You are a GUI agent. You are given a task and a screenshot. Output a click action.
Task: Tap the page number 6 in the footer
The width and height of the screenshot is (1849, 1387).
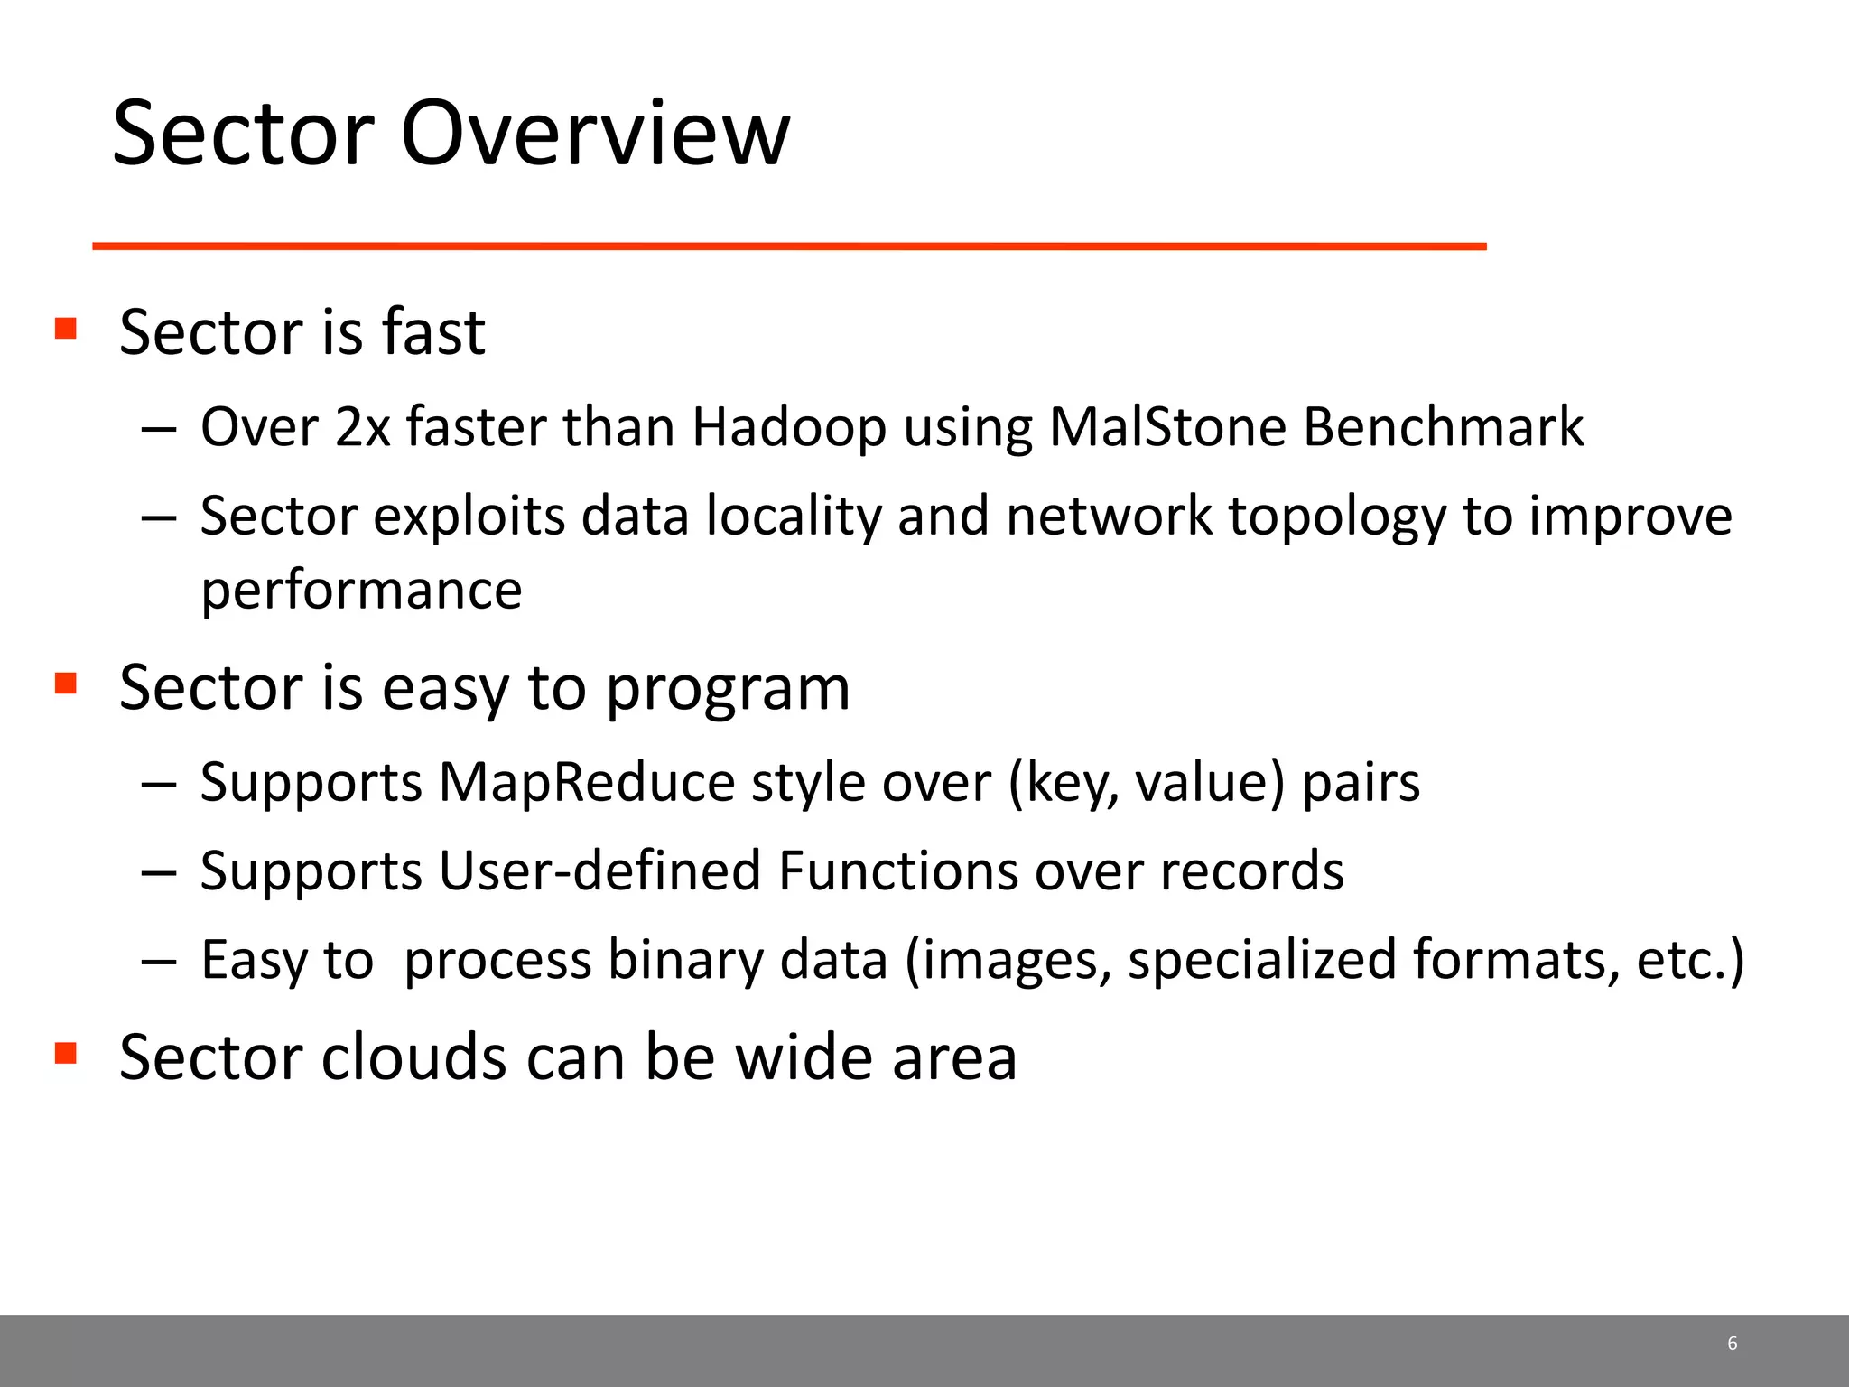1732,1343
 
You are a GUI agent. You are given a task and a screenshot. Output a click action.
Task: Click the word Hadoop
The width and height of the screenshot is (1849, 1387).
789,427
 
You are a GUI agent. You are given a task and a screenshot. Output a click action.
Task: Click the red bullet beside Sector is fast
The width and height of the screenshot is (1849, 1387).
65,327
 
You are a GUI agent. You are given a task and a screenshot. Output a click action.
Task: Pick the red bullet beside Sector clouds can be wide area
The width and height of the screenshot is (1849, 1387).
65,1052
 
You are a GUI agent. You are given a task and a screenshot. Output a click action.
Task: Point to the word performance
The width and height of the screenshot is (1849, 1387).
361,592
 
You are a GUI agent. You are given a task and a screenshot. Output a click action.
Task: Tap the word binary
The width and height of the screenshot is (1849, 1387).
685,960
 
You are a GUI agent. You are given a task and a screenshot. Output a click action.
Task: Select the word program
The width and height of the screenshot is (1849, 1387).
727,690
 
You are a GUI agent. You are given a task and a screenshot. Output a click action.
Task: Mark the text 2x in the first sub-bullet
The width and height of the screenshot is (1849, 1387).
362,427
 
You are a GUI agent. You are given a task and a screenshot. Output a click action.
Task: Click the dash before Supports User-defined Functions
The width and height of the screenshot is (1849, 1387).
158,872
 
